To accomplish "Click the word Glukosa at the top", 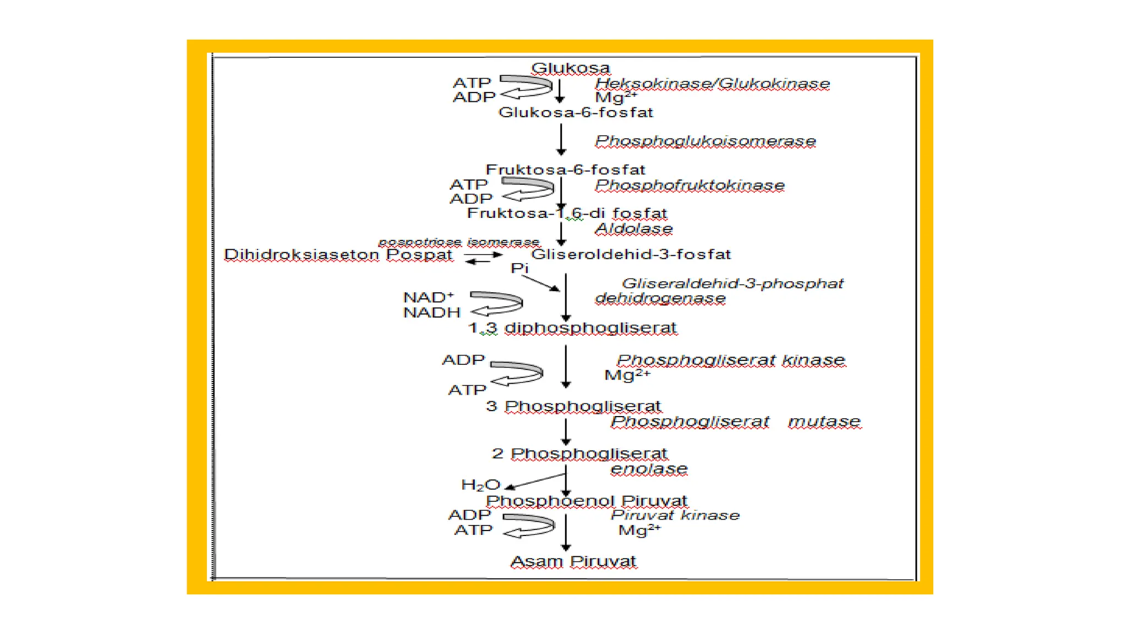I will pyautogui.click(x=570, y=68).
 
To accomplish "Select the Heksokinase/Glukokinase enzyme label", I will pyautogui.click(x=712, y=84).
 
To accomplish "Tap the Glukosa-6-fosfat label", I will pyautogui.click(x=576, y=113).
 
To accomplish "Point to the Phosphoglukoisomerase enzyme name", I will pyautogui.click(x=705, y=141).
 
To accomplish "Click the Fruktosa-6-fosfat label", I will pyautogui.click(x=565, y=170).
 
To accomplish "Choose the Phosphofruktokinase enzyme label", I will pyautogui.click(x=690, y=185).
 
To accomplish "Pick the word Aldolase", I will pyautogui.click(x=634, y=229).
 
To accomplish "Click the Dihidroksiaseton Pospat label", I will pyautogui.click(x=338, y=255).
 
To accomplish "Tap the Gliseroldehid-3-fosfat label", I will pyautogui.click(x=631, y=254).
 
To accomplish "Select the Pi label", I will pyautogui.click(x=519, y=269).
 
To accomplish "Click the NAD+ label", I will pyautogui.click(x=428, y=298).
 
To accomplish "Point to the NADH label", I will pyautogui.click(x=431, y=313).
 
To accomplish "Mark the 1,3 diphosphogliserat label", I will pyautogui.click(x=572, y=328).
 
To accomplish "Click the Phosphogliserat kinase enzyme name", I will pyautogui.click(x=730, y=360).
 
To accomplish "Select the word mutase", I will pyautogui.click(x=824, y=422).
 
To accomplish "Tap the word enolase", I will pyautogui.click(x=649, y=469).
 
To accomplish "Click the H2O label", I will pyautogui.click(x=480, y=485).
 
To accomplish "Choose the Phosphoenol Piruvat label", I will pyautogui.click(x=587, y=501).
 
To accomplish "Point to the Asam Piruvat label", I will pyautogui.click(x=573, y=562).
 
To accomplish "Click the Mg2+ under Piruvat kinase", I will pyautogui.click(x=639, y=531).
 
